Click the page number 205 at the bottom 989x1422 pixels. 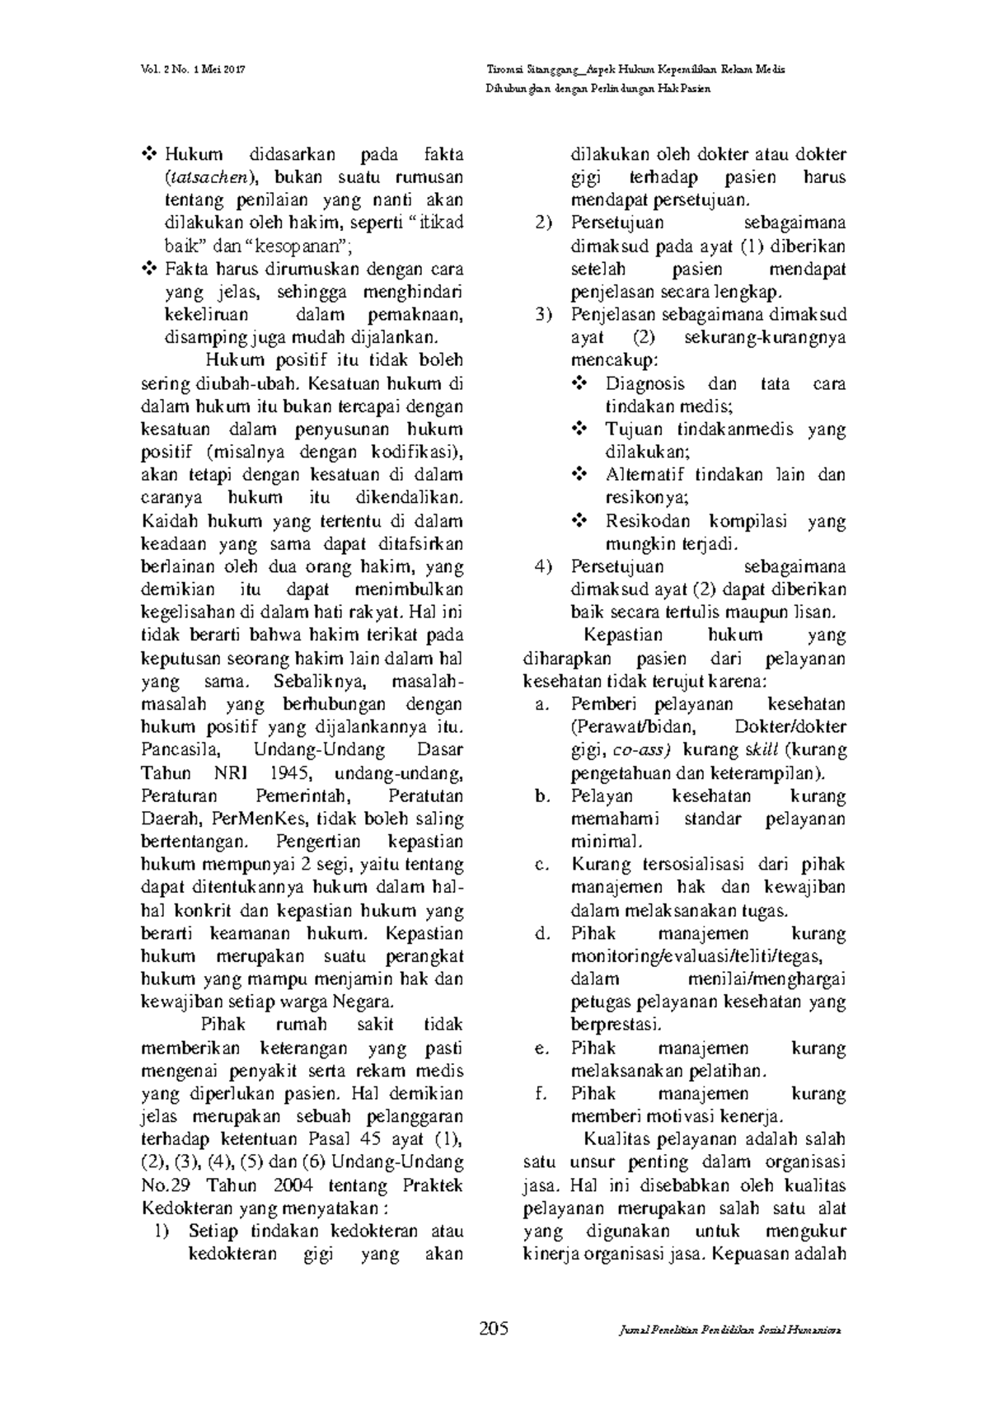[x=494, y=1328]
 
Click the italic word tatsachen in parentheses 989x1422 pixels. [x=212, y=177]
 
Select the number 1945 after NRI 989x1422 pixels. [x=288, y=773]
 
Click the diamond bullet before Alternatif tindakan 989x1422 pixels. [x=579, y=475]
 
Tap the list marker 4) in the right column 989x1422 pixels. [x=541, y=567]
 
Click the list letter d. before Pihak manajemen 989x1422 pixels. [x=541, y=934]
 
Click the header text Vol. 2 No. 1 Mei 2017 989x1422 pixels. [x=193, y=69]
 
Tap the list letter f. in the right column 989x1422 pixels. [x=541, y=1094]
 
